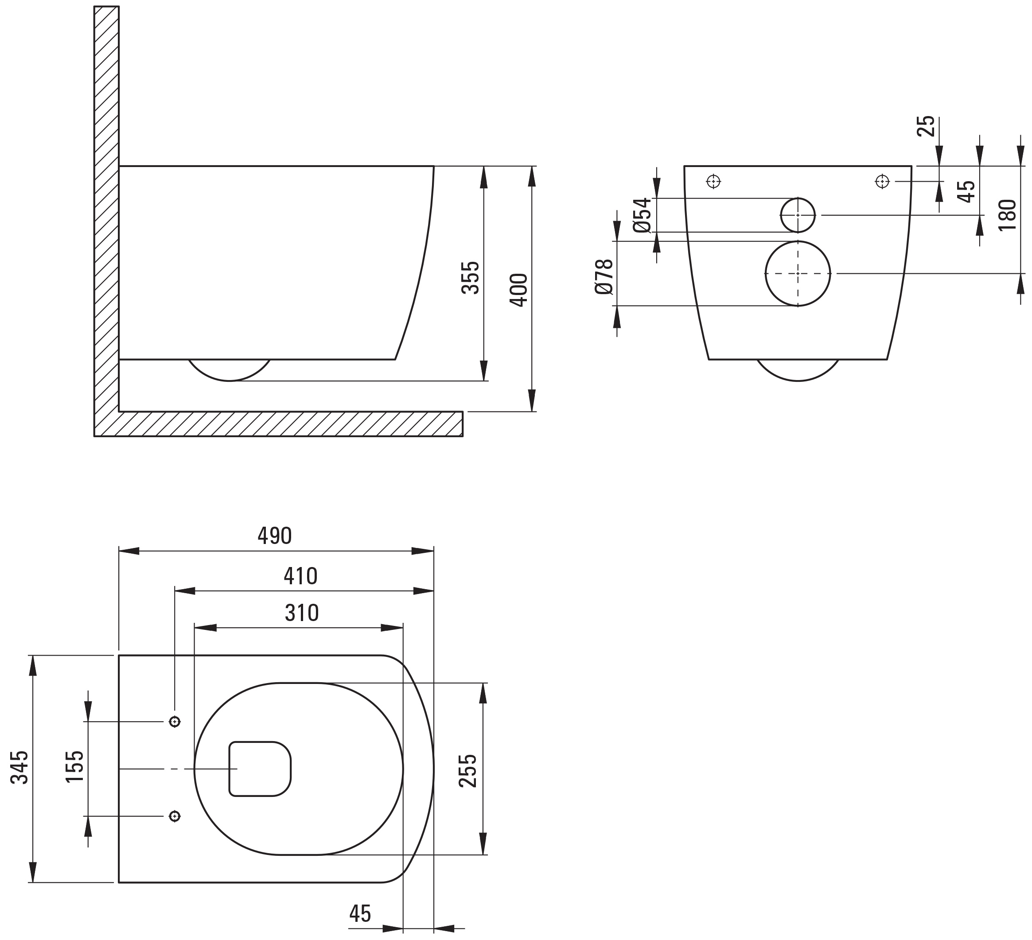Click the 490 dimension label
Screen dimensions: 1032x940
point(274,536)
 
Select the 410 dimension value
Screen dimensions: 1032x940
point(300,576)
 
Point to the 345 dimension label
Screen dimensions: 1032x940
point(19,768)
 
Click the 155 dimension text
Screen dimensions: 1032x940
point(75,766)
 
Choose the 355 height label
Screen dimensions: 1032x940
point(471,278)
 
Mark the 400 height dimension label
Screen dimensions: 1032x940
point(518,290)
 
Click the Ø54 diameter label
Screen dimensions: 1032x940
point(642,215)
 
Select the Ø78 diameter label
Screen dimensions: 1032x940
point(604,277)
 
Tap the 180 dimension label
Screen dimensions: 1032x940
point(1008,215)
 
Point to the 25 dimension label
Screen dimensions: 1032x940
point(926,126)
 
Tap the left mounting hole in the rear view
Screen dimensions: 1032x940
point(713,181)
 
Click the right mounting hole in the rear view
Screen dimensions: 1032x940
point(883,181)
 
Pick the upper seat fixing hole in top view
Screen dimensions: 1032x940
point(175,722)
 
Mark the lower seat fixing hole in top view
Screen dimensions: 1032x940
point(175,816)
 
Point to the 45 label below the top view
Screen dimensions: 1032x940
point(360,913)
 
